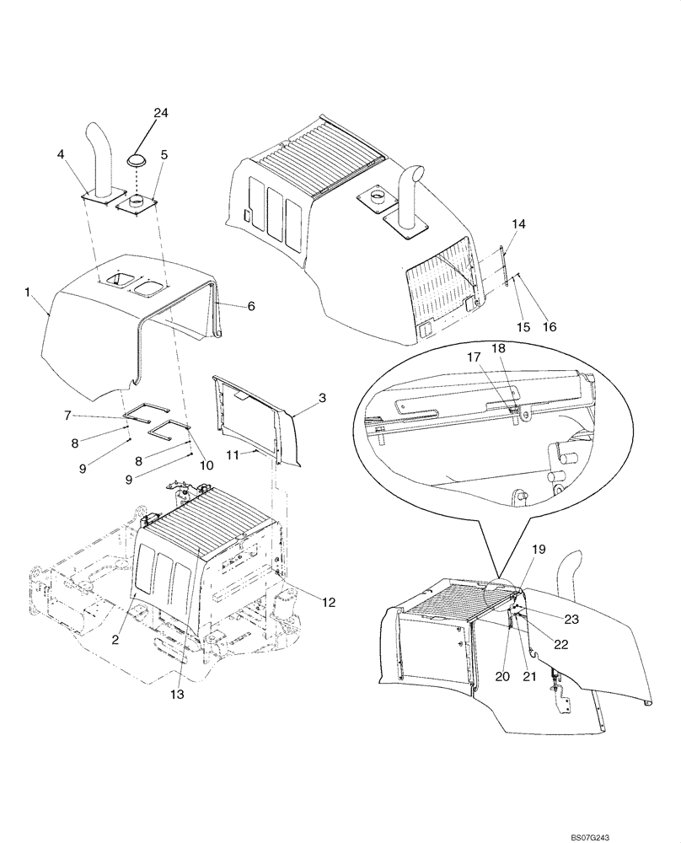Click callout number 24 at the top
(161, 112)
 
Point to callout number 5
(164, 154)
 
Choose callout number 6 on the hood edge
(250, 307)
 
